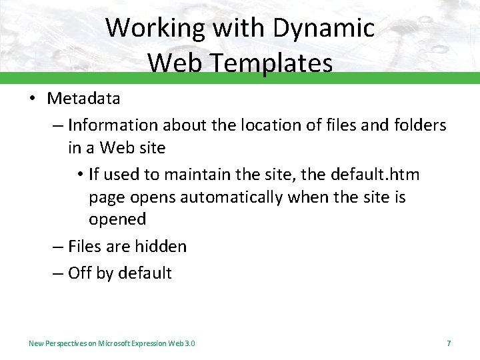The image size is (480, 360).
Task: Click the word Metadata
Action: pyautogui.click(x=83, y=99)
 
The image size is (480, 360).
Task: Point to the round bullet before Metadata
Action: pyautogui.click(x=32, y=99)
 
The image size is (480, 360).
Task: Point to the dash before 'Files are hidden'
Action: pyautogui.click(x=58, y=247)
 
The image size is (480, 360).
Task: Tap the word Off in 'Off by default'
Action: pyautogui.click(x=80, y=273)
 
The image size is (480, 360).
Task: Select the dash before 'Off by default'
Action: pyautogui.click(x=58, y=273)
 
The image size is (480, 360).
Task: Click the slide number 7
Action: pyautogui.click(x=449, y=343)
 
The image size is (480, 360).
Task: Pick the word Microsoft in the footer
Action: pyautogui.click(x=114, y=343)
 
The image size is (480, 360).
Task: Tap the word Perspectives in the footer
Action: pyautogui.click(x=66, y=343)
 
